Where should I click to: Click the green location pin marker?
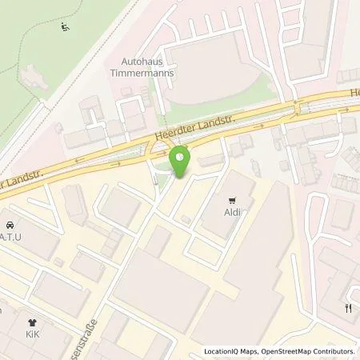click(181, 161)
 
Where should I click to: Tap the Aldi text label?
click(233, 214)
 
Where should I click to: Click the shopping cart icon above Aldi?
click(233, 201)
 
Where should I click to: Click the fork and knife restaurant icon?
click(348, 308)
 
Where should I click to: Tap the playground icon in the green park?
click(64, 29)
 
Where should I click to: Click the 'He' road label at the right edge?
click(354, 93)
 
